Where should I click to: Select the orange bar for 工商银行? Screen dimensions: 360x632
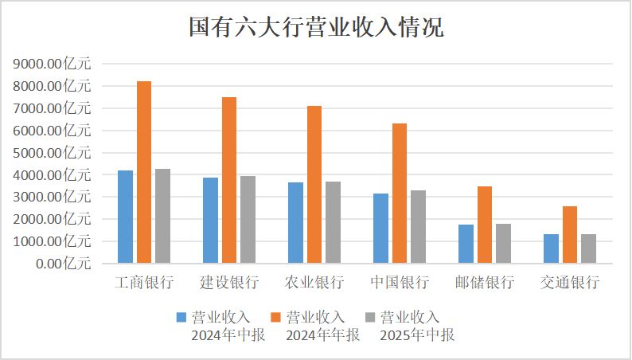[144, 171]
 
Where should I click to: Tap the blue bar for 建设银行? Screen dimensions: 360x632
[210, 220]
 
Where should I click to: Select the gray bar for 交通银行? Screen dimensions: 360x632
[588, 248]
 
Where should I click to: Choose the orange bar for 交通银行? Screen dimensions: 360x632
[570, 234]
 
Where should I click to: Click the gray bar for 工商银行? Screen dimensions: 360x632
[162, 215]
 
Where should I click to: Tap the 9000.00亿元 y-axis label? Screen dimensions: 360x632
[53, 64]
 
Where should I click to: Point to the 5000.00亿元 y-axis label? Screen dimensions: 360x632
[53, 152]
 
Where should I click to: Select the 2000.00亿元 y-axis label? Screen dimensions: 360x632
[53, 218]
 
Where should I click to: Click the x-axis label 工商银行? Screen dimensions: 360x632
[144, 283]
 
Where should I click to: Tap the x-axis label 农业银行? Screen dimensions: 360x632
[314, 283]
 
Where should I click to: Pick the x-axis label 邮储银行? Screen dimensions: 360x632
[485, 283]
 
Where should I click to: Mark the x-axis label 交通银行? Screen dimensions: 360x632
[570, 283]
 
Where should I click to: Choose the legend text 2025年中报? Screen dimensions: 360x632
[416, 335]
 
